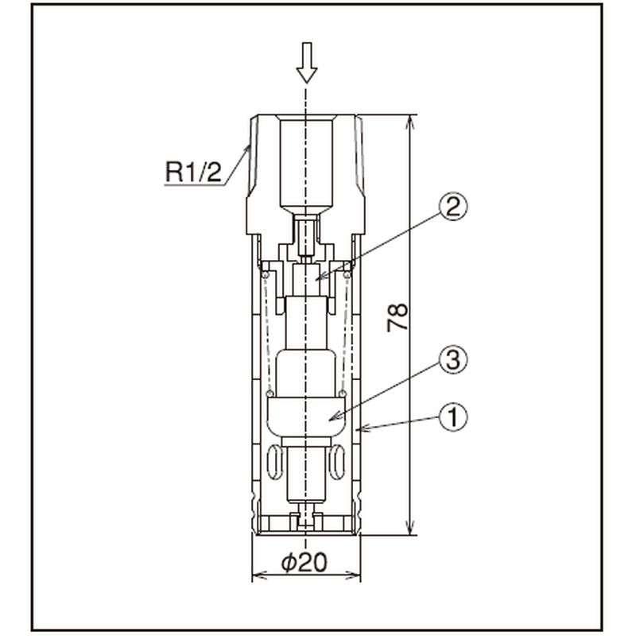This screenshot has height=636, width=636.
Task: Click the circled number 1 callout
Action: (453, 417)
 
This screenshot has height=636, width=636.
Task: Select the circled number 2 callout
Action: (453, 207)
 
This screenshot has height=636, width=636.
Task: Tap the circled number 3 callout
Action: (453, 360)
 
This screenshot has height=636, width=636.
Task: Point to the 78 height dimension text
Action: (397, 317)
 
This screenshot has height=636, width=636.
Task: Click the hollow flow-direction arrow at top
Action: (307, 63)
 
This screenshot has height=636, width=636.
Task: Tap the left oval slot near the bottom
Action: (275, 462)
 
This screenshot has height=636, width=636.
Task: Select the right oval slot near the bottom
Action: (337, 462)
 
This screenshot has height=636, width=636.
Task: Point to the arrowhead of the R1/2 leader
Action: (247, 149)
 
